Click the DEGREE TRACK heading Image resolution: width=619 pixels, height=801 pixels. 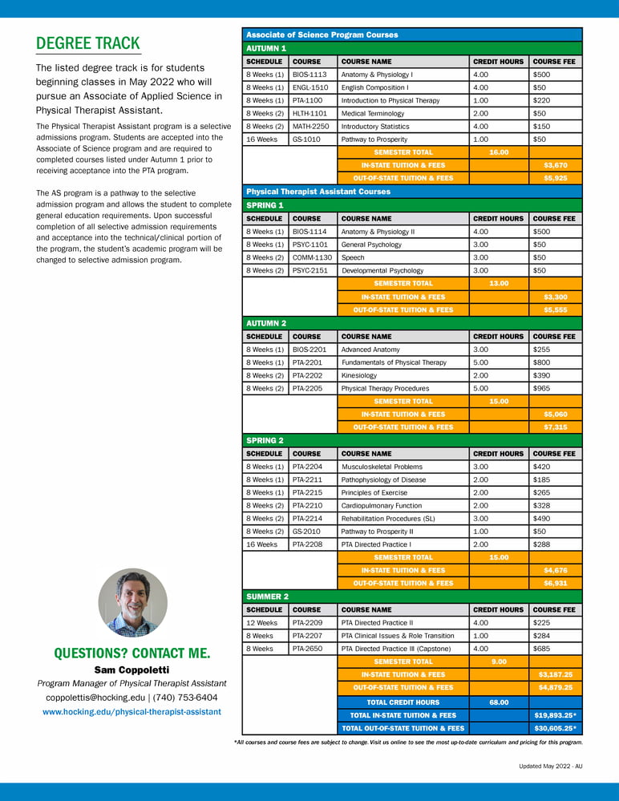[88, 43]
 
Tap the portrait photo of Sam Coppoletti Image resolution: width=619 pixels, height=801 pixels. [133, 602]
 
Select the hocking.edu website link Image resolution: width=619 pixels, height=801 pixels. [131, 711]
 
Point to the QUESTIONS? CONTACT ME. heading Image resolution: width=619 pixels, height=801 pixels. [132, 653]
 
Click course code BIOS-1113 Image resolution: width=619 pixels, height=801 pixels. [309, 75]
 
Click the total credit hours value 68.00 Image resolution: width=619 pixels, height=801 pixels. [499, 702]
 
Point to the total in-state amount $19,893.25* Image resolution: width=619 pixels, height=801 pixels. [555, 715]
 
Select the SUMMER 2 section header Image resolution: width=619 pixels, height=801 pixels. [266, 597]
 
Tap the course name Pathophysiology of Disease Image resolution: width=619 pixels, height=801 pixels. [384, 479]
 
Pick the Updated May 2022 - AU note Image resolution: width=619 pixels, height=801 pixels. [550, 767]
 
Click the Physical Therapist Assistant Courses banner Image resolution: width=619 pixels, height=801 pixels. [318, 192]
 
